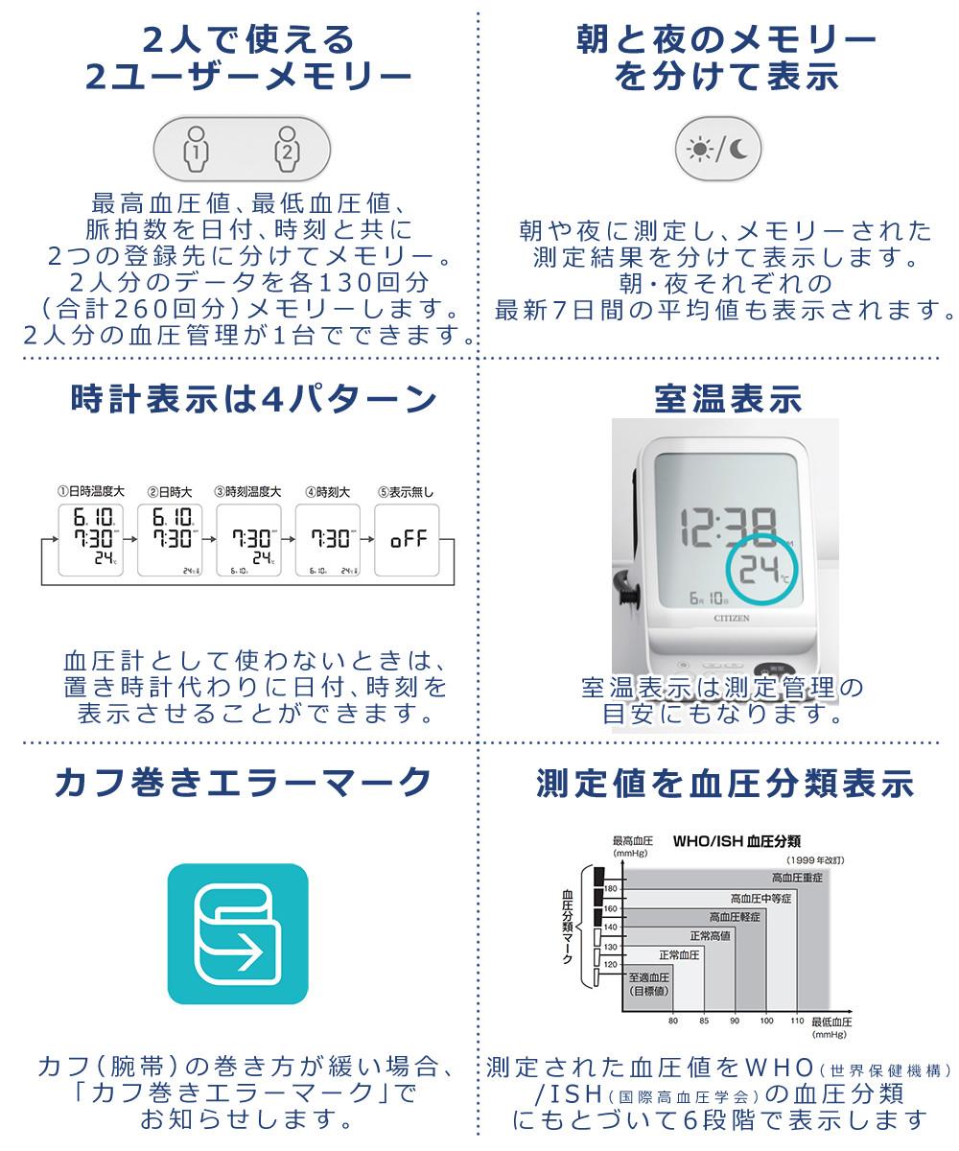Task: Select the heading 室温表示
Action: tap(727, 398)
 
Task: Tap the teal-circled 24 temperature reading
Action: tap(760, 570)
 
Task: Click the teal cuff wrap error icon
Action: tap(238, 933)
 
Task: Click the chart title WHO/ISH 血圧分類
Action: tap(737, 841)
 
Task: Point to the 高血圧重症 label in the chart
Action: tap(797, 877)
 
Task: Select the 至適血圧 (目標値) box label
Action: tap(649, 984)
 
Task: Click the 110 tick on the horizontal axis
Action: tap(796, 1021)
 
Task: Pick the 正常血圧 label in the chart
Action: tap(679, 955)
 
